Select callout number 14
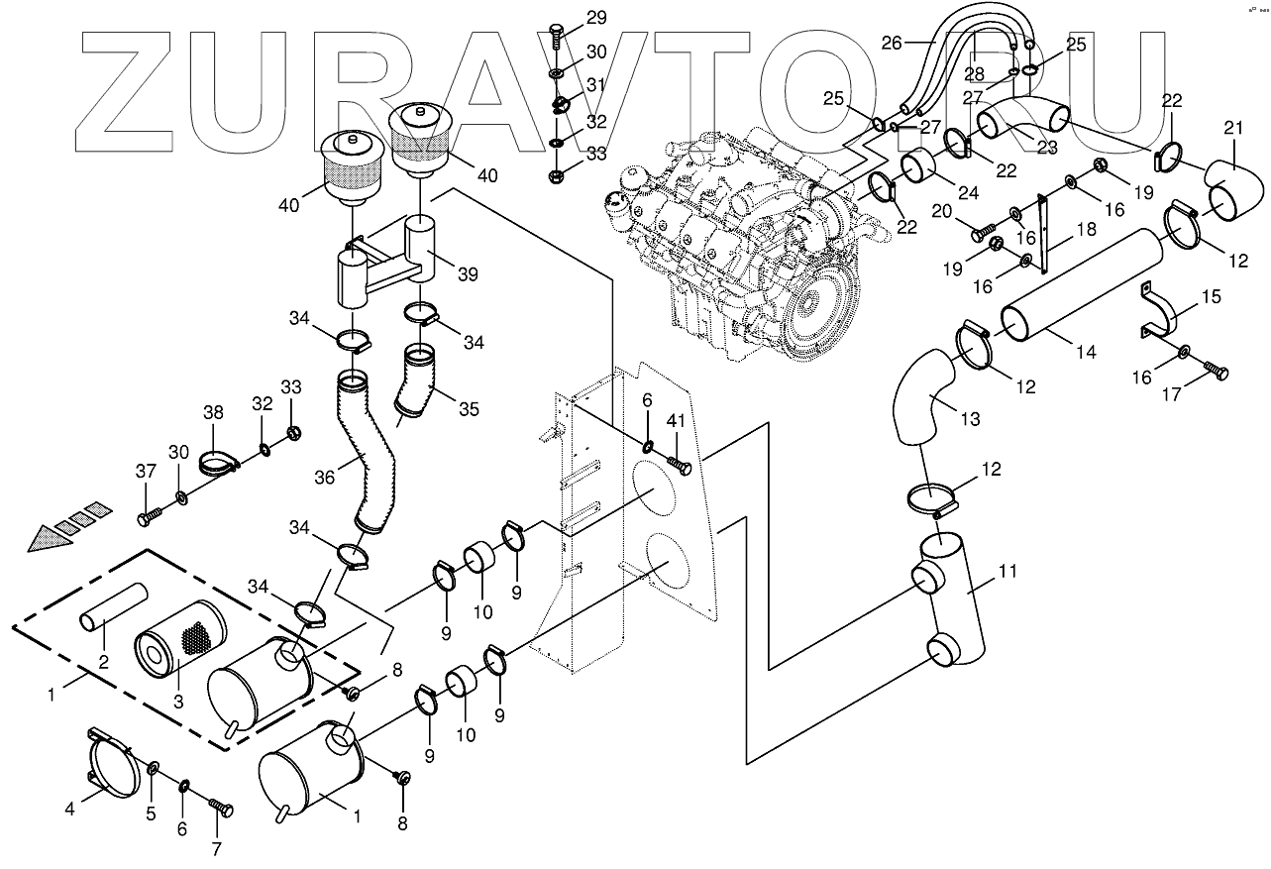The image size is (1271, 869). point(1086,351)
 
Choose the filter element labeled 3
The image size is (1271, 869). point(178,639)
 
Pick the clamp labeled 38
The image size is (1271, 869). point(219,461)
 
